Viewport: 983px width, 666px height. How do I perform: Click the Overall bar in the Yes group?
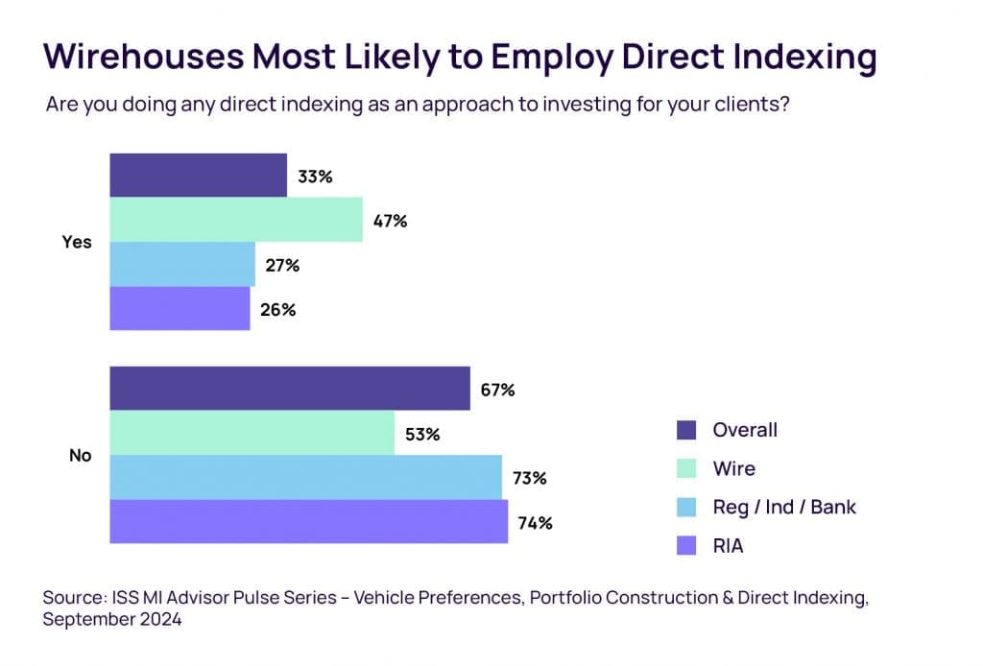pos(198,175)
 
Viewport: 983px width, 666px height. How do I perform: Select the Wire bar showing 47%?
pos(235,220)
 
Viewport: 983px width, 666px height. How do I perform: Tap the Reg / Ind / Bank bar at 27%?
pos(182,264)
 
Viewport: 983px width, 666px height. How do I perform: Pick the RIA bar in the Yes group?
pos(180,308)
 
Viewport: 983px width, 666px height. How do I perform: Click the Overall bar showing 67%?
pos(289,388)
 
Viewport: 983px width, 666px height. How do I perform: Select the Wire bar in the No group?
pos(252,433)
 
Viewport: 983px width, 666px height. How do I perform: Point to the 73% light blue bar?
pos(305,477)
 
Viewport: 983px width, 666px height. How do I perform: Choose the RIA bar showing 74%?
pos(308,521)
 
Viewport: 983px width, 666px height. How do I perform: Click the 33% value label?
pos(315,177)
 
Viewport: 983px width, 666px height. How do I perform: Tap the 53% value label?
pos(422,435)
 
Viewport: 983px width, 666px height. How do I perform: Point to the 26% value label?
pos(278,310)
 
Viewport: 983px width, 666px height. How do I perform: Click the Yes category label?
pos(77,242)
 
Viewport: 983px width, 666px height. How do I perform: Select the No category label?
pos(81,455)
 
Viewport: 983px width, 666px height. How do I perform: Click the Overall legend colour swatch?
pos(685,430)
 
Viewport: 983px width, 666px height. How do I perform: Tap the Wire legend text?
pos(733,469)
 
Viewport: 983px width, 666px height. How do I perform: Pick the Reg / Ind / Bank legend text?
pos(783,508)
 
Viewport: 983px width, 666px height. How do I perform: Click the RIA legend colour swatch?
pos(685,547)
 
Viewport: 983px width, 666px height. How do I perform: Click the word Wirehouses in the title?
pos(143,58)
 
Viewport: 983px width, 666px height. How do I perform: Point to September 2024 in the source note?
pos(112,620)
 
